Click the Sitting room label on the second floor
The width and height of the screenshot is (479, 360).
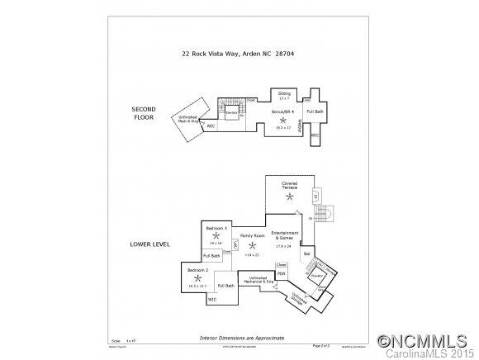[284, 95]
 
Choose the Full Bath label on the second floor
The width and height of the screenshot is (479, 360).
[315, 111]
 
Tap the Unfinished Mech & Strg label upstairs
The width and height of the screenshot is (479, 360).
[192, 118]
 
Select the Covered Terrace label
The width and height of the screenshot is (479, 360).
[289, 186]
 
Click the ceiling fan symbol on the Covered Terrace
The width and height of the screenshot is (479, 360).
[288, 197]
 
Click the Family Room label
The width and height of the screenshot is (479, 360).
[252, 237]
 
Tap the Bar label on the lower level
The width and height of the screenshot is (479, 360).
[307, 253]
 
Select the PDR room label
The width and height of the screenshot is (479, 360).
[281, 274]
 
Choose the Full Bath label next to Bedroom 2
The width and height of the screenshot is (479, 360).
[225, 286]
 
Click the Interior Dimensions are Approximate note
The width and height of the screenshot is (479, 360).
[241, 338]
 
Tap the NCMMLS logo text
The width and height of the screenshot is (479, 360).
[422, 340]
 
